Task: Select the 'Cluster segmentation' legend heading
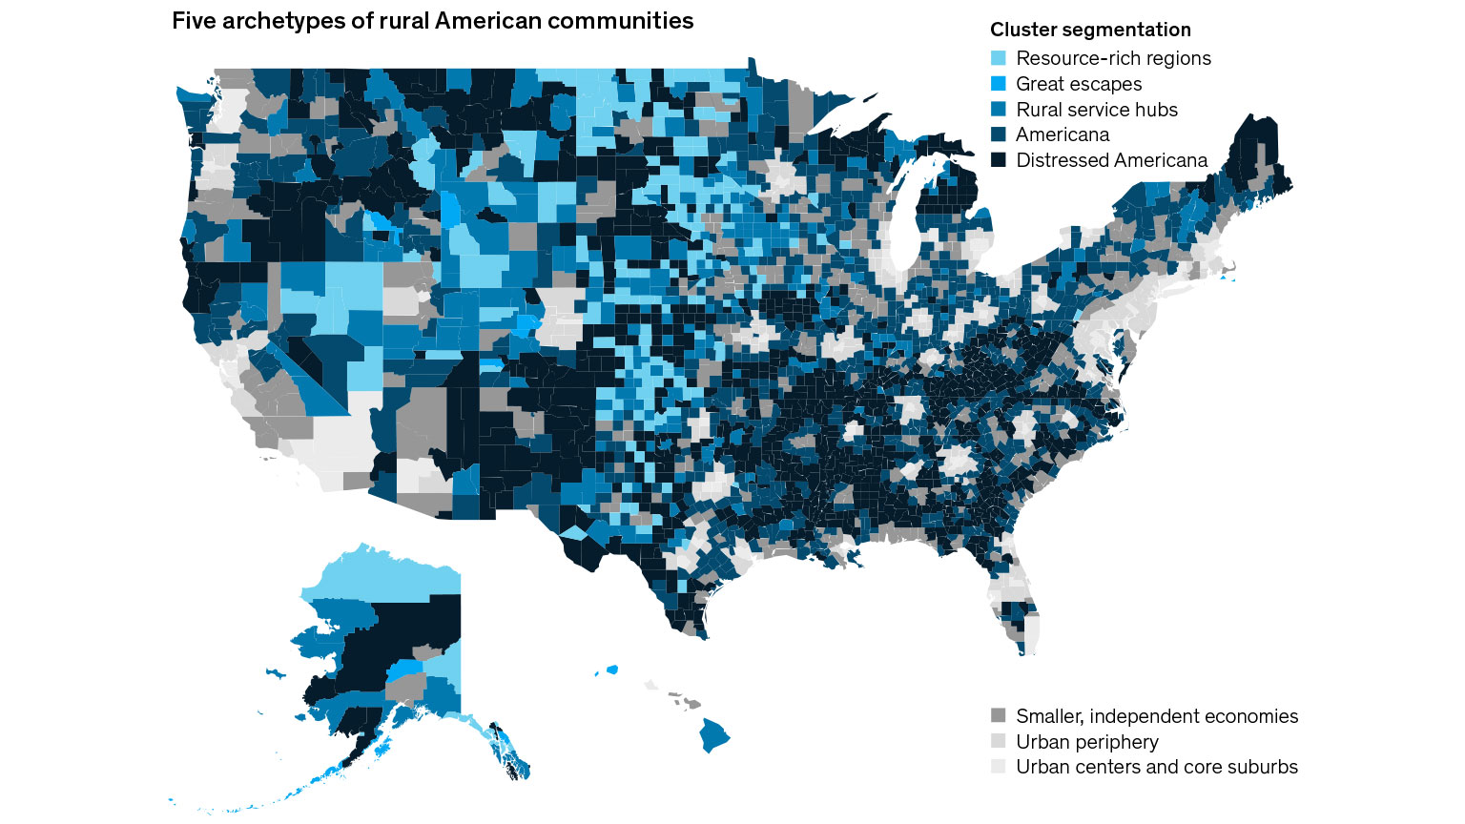point(1090,30)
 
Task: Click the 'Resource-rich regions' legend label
point(1113,58)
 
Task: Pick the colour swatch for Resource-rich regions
point(999,58)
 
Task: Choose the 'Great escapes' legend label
point(1079,84)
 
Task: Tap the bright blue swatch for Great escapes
point(999,84)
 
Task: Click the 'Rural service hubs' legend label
point(1097,110)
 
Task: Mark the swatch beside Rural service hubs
point(999,110)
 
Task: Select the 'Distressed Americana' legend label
point(1111,160)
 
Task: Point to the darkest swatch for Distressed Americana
point(999,160)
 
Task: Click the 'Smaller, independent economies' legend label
point(1157,716)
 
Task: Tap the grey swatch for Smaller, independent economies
point(999,716)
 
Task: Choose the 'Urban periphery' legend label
point(1087,742)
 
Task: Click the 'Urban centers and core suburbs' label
point(1157,767)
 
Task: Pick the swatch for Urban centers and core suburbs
point(999,767)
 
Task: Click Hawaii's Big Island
point(714,735)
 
